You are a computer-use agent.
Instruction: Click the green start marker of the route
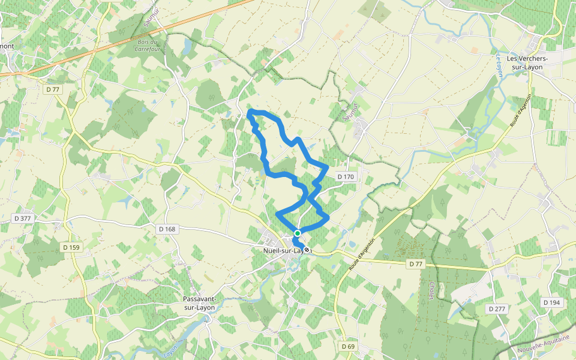297,233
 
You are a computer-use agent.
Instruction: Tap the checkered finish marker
307,250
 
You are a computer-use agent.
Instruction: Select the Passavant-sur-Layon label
199,303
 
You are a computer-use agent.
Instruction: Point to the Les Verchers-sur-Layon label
524,63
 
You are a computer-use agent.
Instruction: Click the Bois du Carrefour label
147,46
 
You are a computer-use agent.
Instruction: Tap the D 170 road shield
346,176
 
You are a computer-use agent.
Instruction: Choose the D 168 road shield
167,229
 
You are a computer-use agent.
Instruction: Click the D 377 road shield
22,218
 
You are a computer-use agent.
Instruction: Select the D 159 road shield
71,247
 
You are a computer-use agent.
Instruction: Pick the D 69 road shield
349,346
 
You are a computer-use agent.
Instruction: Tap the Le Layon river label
499,64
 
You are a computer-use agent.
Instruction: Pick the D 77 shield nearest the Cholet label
416,264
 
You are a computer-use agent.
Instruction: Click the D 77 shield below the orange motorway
53,89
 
